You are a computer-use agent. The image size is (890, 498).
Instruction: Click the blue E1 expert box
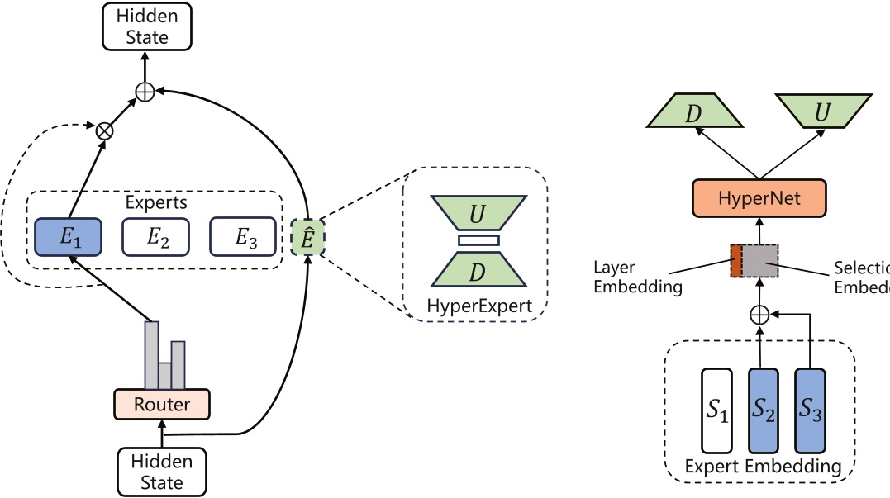67,236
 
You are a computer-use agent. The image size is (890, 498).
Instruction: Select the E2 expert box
155,236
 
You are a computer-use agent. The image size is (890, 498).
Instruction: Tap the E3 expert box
242,236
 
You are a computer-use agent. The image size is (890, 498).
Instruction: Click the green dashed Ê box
307,236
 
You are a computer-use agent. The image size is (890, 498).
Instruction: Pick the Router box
161,404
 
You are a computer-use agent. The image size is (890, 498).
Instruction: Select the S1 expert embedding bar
716,410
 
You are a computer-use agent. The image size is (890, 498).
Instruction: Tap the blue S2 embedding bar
764,410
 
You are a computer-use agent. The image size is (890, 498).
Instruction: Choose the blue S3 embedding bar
810,410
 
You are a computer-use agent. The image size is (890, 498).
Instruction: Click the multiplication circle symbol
105,130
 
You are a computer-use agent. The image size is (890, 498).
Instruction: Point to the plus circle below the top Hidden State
145,92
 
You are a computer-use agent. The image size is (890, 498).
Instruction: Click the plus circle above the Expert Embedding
758,314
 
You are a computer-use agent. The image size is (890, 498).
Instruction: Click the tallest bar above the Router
151,354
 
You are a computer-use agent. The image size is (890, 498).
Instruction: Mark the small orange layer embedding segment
735,260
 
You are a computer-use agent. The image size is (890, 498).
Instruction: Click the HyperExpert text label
474,306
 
